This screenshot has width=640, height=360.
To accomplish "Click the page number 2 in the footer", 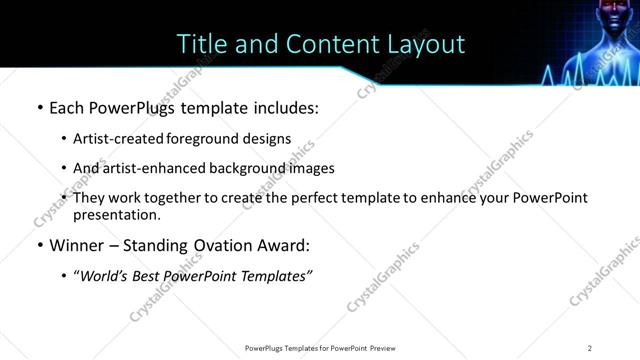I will (590, 348).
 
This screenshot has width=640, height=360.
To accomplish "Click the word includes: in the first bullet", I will (285, 107).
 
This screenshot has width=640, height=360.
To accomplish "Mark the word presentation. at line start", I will (116, 214).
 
